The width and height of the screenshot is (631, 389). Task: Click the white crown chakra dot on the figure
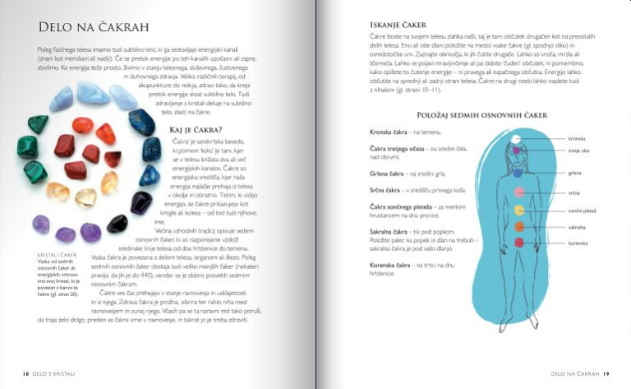tap(516, 139)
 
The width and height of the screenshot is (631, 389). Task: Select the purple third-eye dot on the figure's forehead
tap(516, 151)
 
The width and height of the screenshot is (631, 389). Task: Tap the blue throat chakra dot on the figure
tap(517, 174)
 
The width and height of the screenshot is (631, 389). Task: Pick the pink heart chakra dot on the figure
tap(518, 192)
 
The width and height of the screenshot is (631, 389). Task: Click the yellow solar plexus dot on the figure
tap(518, 210)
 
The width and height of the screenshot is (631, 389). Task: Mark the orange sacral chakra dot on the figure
tap(518, 226)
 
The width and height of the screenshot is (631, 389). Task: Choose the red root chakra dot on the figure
tap(518, 243)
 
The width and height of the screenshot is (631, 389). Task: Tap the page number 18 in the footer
tap(26, 373)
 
